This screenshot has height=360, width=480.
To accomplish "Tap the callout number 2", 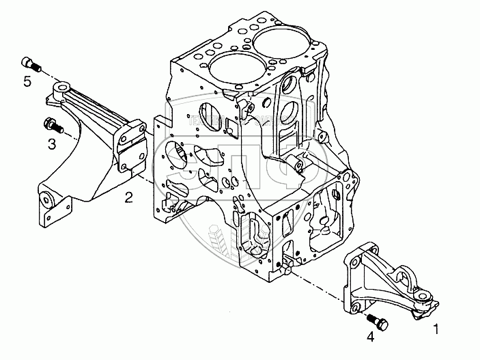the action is [128, 198].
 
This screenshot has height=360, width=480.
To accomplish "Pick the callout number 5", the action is [27, 82].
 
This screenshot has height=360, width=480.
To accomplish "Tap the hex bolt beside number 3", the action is [52, 126].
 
